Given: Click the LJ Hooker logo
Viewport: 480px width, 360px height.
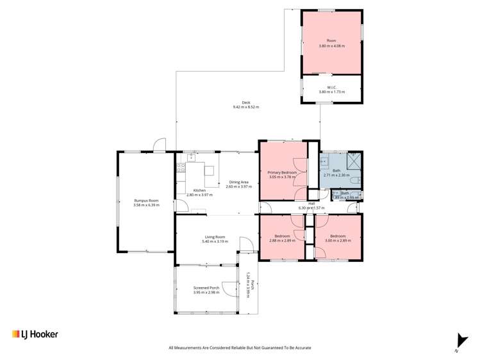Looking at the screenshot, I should pos(35,334).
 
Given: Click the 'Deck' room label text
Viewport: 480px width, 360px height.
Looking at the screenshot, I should pos(246,103).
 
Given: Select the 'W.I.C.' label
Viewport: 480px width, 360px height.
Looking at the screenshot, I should pos(331,88).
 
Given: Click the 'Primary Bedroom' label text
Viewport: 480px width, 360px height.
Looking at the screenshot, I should pos(282,172).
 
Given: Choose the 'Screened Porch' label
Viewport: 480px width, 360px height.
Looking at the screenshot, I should pos(206,288).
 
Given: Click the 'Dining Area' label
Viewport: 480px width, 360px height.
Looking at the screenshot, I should pos(239,182).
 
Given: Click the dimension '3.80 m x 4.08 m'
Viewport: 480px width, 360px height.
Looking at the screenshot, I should pos(331,45).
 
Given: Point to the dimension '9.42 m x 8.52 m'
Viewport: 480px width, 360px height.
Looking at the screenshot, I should pos(246,108).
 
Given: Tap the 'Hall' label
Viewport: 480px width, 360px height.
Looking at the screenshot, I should pos(311,204).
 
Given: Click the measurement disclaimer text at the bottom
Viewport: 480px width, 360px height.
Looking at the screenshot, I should pos(240,348).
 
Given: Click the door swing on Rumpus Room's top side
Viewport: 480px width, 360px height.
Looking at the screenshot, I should pos(159,145).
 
